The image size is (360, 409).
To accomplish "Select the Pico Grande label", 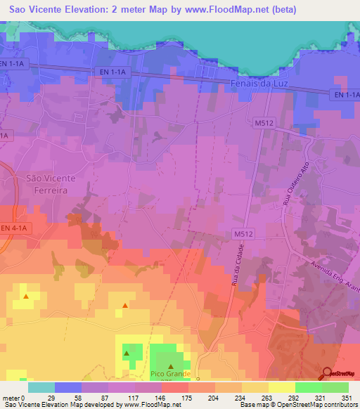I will pos(171,374).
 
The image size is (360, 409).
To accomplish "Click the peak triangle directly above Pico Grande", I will pos(171,366).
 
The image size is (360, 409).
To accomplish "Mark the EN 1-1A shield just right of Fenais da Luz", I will pos(346,94).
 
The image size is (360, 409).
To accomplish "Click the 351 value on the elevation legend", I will pos(346,397).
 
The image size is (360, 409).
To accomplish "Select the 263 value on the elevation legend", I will pos(265,397).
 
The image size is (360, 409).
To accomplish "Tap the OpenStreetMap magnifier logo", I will pos(327,374).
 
